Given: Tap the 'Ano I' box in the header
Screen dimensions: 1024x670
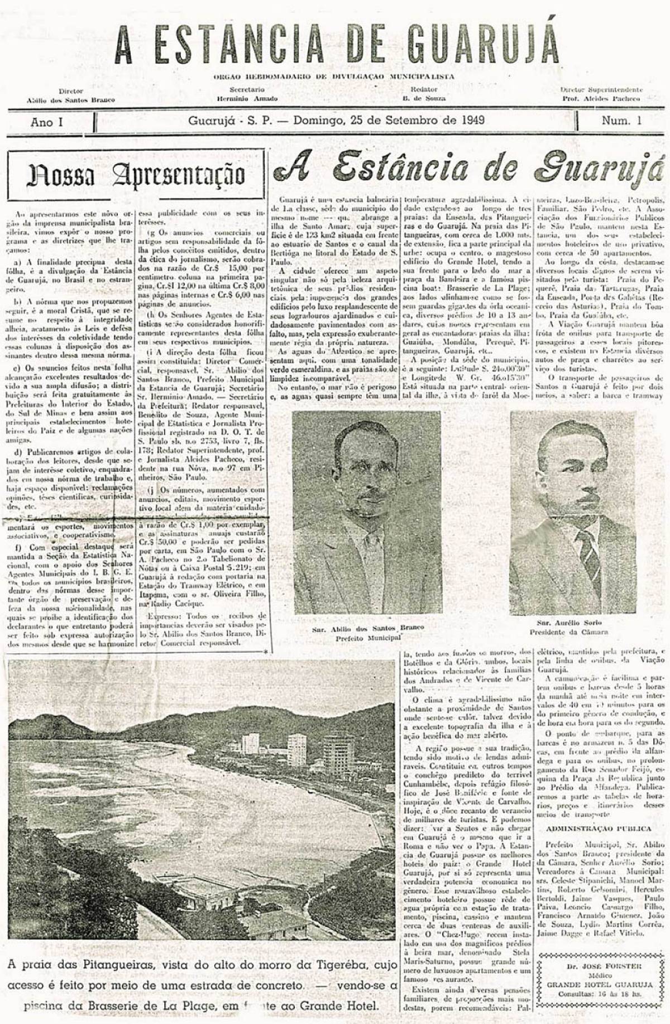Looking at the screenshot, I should pyautogui.click(x=47, y=122).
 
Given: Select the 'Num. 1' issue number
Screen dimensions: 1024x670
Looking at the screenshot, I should pyautogui.click(x=621, y=121).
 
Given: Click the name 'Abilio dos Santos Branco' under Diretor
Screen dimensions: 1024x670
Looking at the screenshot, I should pyautogui.click(x=70, y=100).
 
